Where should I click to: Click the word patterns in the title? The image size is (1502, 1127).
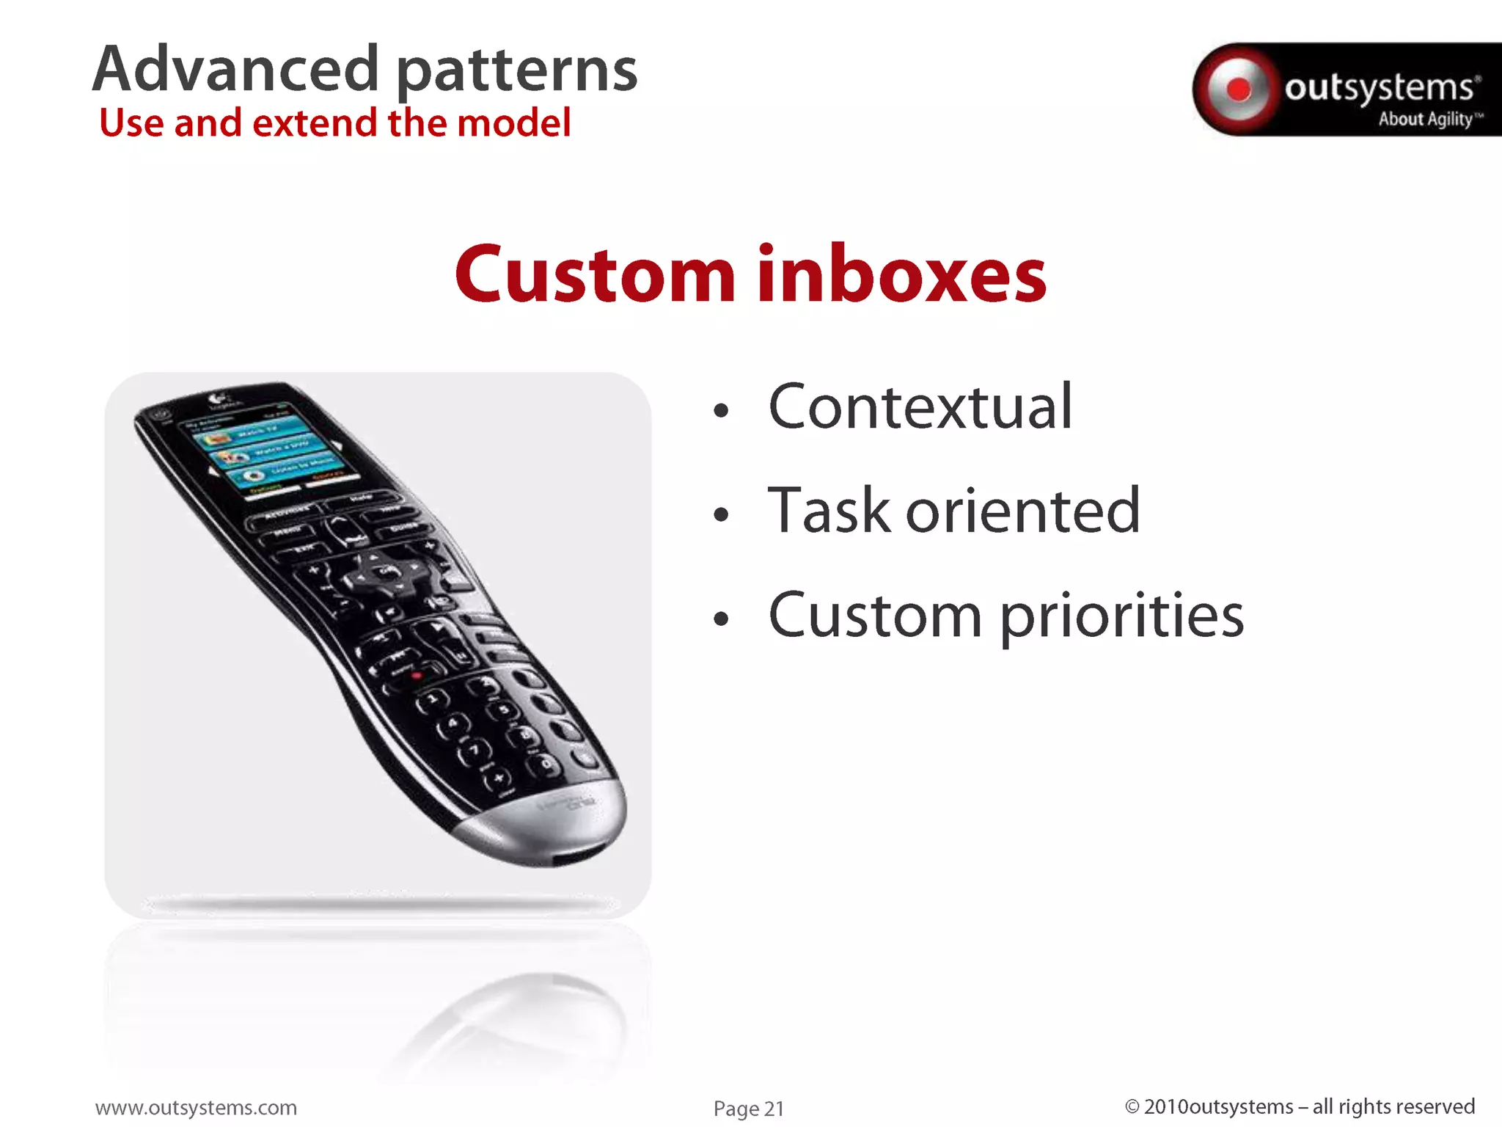(516, 72)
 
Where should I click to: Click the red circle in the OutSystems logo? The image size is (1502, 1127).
(1239, 90)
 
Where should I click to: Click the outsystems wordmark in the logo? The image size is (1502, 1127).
(1379, 88)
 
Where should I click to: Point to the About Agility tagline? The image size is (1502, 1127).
(1426, 119)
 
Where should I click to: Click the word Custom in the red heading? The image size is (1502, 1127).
(594, 274)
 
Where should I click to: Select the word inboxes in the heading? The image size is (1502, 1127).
(901, 274)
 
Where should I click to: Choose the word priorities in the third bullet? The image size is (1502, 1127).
(1121, 616)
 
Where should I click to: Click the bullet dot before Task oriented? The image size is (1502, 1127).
(721, 515)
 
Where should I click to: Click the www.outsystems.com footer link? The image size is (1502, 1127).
(196, 1107)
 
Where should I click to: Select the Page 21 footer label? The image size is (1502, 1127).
(748, 1109)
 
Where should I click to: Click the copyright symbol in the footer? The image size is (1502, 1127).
(1132, 1106)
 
